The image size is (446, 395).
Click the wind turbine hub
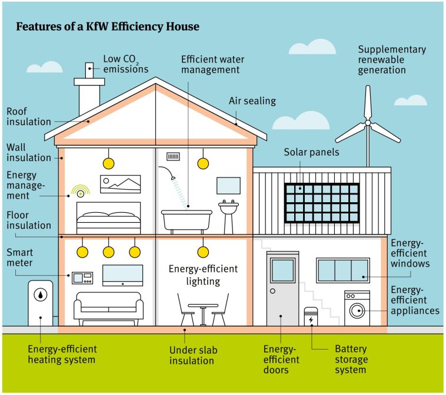pos(368,123)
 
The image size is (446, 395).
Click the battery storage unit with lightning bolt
pos(311,318)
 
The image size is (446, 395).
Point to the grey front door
pos(282,289)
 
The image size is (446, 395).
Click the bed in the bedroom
pos(109,219)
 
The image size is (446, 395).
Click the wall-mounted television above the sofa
pos(122,275)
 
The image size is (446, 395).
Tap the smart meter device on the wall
pos(82,278)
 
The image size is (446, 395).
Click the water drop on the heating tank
pos(40,294)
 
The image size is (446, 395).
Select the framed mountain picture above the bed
pos(121,184)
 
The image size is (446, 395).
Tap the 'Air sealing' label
pos(252,101)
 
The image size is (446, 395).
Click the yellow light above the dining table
pos(203,252)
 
